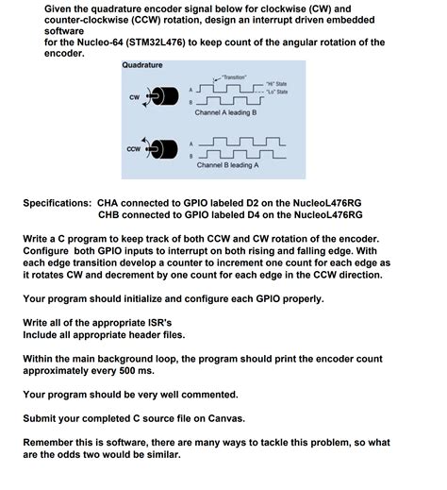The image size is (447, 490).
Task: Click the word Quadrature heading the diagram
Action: (x=142, y=65)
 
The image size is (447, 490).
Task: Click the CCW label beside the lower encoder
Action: (x=134, y=149)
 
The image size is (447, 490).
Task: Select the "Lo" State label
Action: (x=277, y=93)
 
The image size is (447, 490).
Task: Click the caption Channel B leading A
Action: (x=227, y=164)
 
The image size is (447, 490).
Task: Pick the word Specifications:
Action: (x=58, y=202)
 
